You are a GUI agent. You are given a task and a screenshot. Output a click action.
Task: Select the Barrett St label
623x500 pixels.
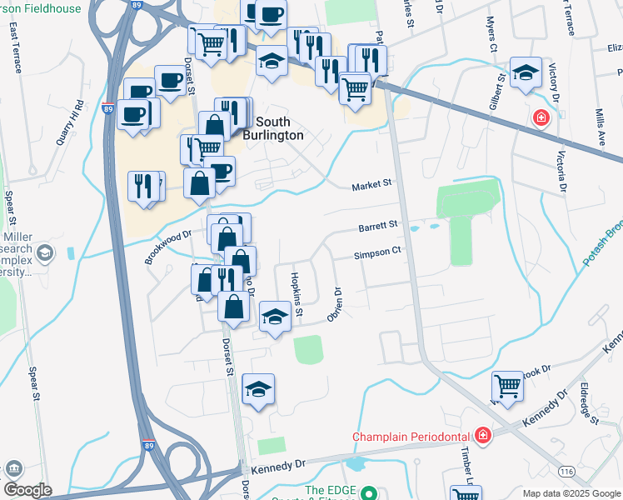[x=380, y=225]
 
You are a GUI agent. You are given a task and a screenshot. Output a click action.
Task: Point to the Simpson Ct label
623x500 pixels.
[x=378, y=252]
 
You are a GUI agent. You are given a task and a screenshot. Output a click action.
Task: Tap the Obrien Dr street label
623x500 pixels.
[x=337, y=306]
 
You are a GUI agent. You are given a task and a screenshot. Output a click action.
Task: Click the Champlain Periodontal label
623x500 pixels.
[x=411, y=437]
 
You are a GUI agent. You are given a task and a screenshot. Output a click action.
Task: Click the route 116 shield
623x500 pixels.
[x=567, y=472]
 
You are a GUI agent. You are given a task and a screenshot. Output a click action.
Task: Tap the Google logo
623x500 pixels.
[x=27, y=490]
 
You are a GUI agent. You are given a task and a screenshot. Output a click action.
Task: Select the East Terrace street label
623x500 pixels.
[x=15, y=48]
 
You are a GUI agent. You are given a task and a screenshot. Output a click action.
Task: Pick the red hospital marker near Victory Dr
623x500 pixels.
[x=541, y=117]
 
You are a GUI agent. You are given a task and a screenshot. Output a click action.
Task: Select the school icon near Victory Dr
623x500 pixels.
[x=526, y=74]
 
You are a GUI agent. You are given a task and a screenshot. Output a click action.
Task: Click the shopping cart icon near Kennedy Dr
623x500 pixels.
[x=507, y=387]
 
